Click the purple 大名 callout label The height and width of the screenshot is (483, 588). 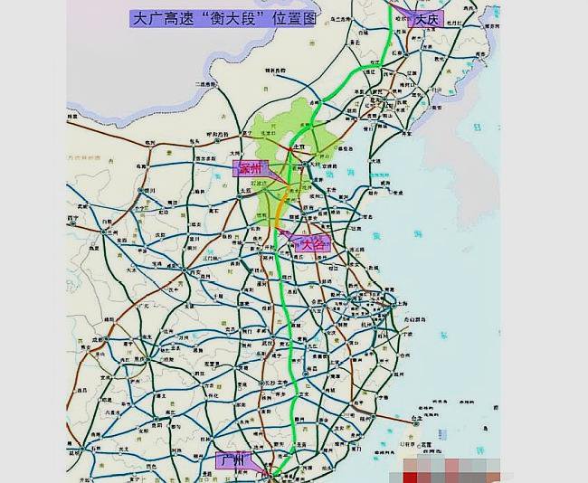[x=312, y=243]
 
